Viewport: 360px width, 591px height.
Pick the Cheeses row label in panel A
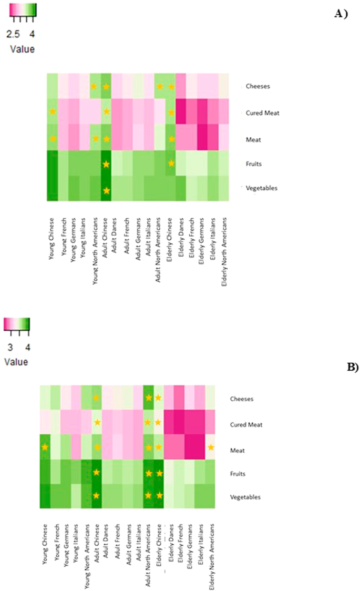[x=258, y=86]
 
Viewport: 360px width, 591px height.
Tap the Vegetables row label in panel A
[x=262, y=188]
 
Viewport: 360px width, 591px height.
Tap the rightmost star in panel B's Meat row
[x=211, y=447]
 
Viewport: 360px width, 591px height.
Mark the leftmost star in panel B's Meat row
[x=45, y=447]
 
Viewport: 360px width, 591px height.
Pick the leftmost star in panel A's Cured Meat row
[x=53, y=111]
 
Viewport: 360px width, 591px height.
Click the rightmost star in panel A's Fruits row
[x=171, y=164]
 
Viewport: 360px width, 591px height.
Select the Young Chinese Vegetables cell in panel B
[x=46, y=496]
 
